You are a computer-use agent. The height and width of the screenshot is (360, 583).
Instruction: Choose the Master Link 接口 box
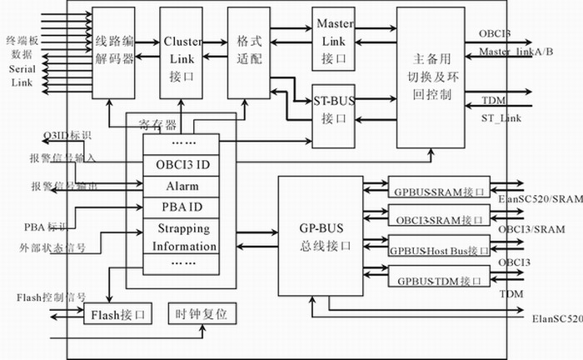point(335,38)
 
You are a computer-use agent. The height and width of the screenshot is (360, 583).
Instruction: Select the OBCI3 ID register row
point(182,165)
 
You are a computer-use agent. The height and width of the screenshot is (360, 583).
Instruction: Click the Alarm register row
point(182,186)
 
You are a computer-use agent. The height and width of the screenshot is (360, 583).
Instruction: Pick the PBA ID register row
point(182,206)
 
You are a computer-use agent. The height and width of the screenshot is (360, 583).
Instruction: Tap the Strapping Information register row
point(182,237)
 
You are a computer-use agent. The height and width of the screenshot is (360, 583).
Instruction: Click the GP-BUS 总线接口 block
point(315,236)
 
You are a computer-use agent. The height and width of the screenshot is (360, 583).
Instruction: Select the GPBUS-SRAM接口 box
point(438,192)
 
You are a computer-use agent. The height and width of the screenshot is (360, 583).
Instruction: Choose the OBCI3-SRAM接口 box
point(438,220)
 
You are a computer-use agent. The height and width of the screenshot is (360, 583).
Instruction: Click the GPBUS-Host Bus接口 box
point(438,249)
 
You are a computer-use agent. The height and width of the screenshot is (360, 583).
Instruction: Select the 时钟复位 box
point(202,314)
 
